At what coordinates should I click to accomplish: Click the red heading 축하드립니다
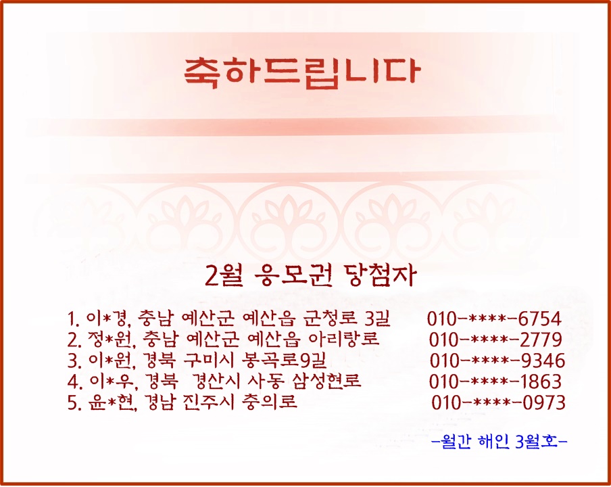pos(302,73)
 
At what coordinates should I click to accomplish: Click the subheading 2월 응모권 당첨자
pos(310,276)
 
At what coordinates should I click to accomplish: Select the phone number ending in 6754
pos(494,319)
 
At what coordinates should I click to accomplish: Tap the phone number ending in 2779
pos(495,340)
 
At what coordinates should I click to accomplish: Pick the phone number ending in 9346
pos(497,361)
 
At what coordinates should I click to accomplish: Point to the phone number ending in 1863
pos(495,381)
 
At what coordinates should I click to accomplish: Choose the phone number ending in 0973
pos(498,402)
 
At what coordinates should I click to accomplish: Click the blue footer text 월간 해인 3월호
pos(499,442)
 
